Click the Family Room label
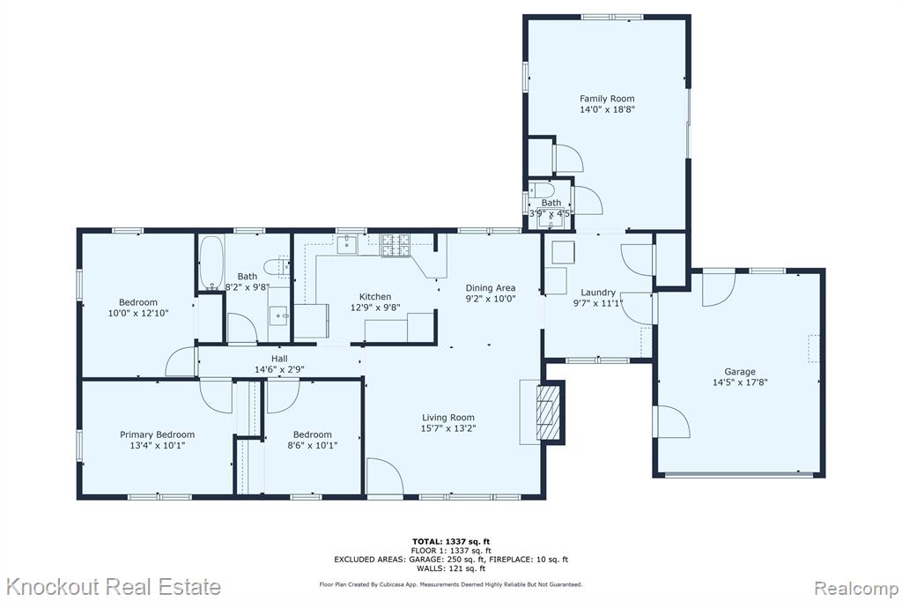pos(607,99)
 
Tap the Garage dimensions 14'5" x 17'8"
pos(740,382)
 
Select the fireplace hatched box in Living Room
pos(548,412)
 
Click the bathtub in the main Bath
pos(211,263)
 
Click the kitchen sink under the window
pos(347,244)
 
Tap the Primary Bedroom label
pos(157,434)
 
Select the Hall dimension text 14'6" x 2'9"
pos(279,369)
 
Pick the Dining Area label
pos(490,288)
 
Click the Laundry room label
pos(598,293)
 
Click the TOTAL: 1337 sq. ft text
pos(451,541)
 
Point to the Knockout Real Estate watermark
pos(114,587)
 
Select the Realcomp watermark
pos(856,589)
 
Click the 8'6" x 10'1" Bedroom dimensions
pos(313,445)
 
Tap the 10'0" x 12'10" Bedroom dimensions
pos(138,313)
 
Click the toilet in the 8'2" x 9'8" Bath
pos(275,266)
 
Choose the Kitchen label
pos(375,296)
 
